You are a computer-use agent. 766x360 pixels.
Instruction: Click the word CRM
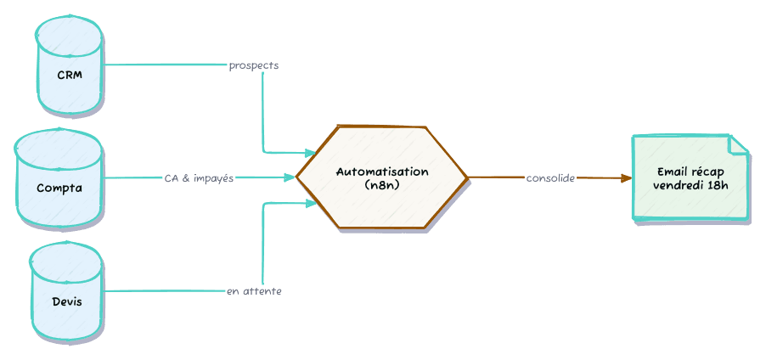click(70, 76)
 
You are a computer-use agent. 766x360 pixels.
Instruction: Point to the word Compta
click(59, 188)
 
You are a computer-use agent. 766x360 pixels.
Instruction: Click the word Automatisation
click(382, 172)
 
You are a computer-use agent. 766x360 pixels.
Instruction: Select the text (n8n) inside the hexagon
click(382, 184)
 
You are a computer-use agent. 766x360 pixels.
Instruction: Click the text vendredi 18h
click(691, 185)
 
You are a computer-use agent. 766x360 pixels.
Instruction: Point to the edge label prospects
click(254, 65)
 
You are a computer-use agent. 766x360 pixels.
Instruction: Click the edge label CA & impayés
click(199, 178)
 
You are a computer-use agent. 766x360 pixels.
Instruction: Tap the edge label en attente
click(254, 291)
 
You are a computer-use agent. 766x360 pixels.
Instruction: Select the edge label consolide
click(550, 178)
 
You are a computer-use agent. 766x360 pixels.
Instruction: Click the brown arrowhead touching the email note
click(626, 178)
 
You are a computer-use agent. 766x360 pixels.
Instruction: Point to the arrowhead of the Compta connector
click(290, 178)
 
